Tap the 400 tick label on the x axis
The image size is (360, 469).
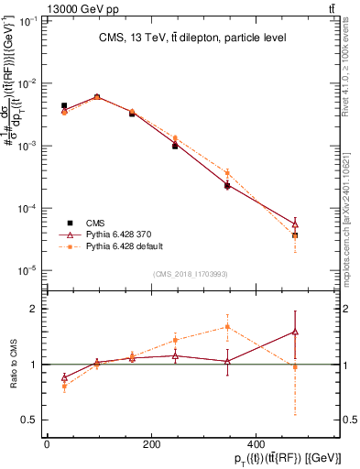click(x=255, y=442)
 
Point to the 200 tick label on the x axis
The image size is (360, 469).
click(x=150, y=442)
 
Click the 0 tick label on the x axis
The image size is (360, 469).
click(x=47, y=442)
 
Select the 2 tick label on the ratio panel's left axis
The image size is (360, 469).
click(x=34, y=309)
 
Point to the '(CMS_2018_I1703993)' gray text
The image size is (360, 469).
click(x=190, y=274)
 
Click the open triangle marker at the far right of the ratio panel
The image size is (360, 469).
click(x=295, y=332)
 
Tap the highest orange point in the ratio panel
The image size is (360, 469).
click(x=227, y=326)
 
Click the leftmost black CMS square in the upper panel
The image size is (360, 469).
click(x=63, y=106)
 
